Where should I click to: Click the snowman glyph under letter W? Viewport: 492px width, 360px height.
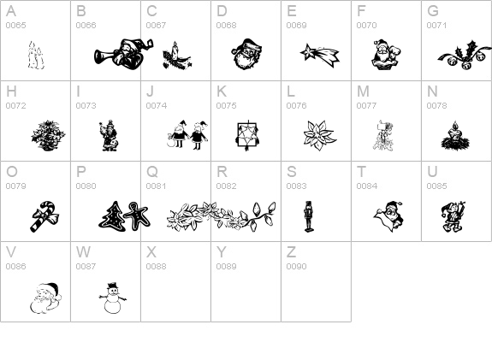point(112,298)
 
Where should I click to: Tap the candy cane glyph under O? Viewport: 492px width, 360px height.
point(44,216)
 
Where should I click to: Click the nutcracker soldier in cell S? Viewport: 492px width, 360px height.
point(308,216)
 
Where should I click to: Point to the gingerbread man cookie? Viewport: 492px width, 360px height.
point(137,215)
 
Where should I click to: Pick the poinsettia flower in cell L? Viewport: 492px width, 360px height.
point(319,135)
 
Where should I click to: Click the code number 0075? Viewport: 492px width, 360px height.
point(226,106)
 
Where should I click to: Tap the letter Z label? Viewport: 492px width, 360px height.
point(291,251)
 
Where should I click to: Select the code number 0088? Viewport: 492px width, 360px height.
point(156,266)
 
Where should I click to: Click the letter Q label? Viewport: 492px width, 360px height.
point(151,172)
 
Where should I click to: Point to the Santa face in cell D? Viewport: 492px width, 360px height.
point(247,54)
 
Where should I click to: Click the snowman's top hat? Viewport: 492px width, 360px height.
point(112,286)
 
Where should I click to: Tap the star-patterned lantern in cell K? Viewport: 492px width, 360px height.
point(247,135)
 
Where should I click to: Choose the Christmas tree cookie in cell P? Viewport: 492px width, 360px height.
point(112,215)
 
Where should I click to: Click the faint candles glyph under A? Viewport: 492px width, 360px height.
point(36,56)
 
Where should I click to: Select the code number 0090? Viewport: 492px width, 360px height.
point(296,266)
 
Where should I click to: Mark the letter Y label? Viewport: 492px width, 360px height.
point(222,251)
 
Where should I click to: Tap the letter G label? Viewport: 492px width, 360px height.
point(433,11)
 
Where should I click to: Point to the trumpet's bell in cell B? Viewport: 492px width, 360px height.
point(100,56)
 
